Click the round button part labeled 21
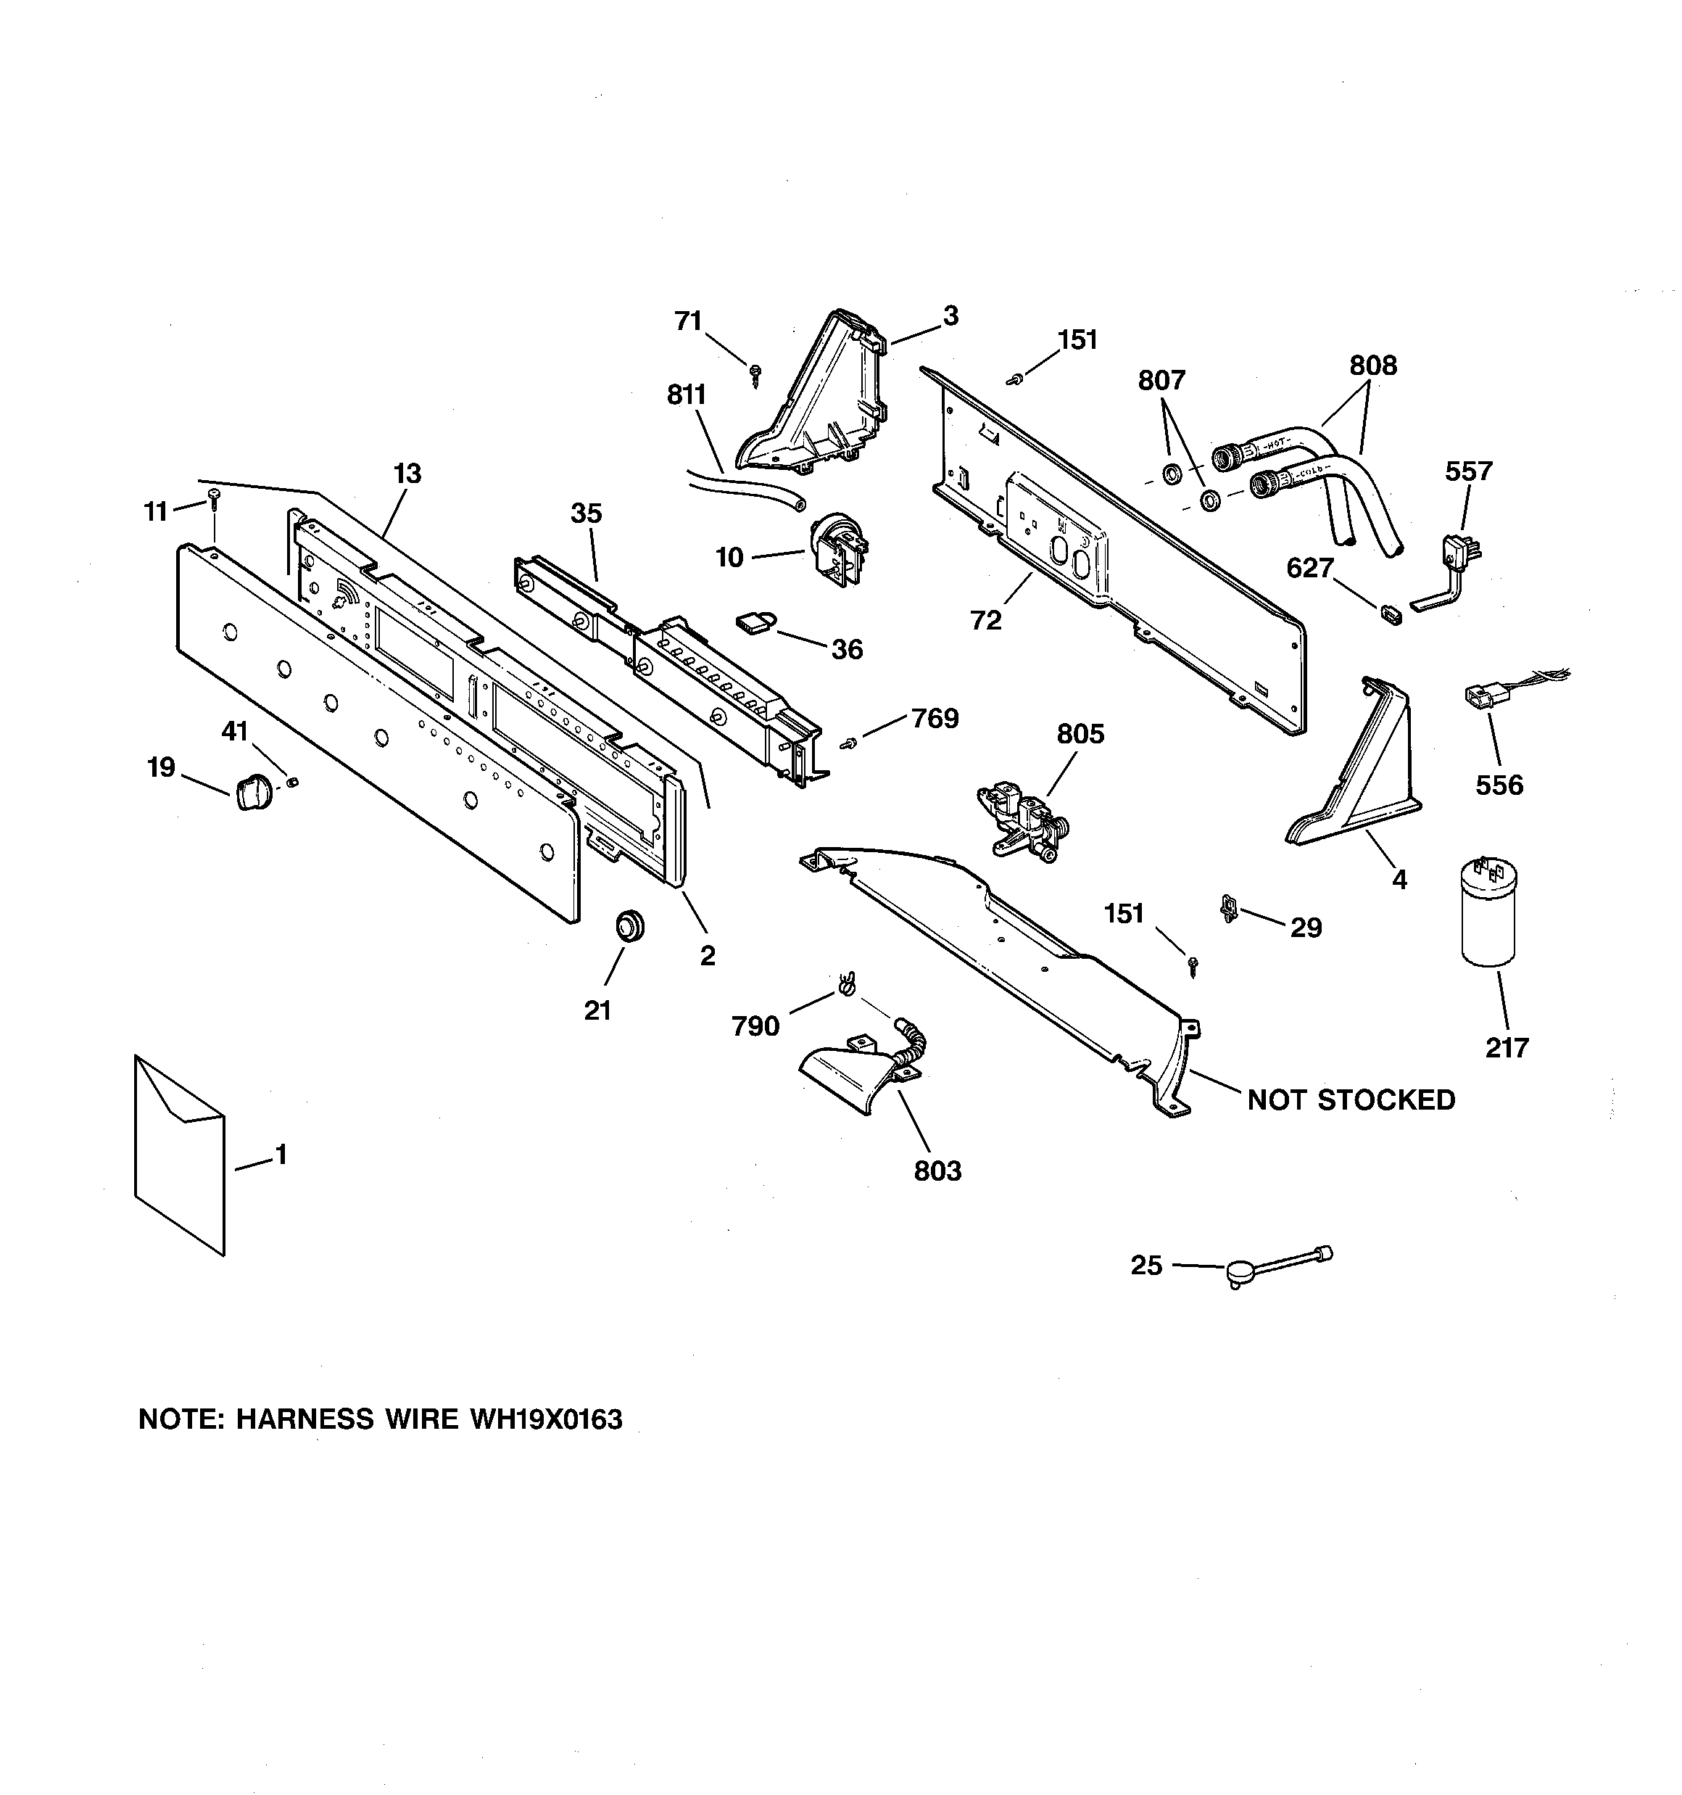[630, 926]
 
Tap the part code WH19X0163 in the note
[545, 1419]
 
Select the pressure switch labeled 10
[836, 550]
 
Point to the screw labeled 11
[214, 498]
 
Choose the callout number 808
[1372, 366]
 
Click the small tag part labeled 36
[751, 622]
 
